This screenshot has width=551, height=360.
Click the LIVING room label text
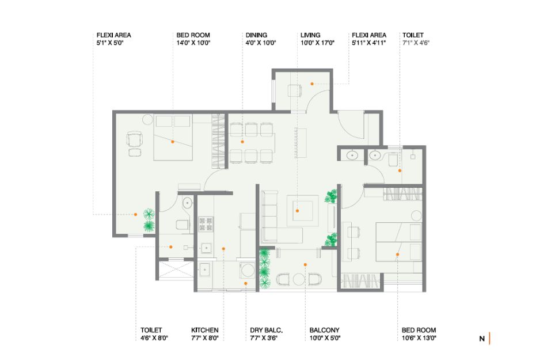pyautogui.click(x=310, y=35)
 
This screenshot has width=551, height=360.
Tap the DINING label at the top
pyautogui.click(x=256, y=35)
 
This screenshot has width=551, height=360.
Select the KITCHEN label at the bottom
pyautogui.click(x=205, y=330)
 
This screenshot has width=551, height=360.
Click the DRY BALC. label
pyautogui.click(x=267, y=330)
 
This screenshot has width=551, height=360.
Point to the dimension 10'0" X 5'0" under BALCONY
pyautogui.click(x=325, y=338)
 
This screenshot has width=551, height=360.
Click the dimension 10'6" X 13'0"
pyautogui.click(x=419, y=338)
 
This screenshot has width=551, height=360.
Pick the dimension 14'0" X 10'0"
pyautogui.click(x=193, y=43)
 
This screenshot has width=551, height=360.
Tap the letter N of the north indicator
pyautogui.click(x=482, y=339)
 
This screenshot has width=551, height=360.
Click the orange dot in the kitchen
pyautogui.click(x=223, y=249)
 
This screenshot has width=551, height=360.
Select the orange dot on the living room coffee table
pyautogui.click(x=297, y=211)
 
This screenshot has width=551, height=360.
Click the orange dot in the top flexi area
pyautogui.click(x=311, y=84)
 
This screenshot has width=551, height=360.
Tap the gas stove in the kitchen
pyautogui.click(x=206, y=224)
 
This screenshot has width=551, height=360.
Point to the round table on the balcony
pyautogui.click(x=299, y=279)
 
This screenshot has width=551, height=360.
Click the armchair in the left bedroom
pyautogui.click(x=135, y=139)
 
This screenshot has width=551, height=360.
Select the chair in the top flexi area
pyautogui.click(x=294, y=90)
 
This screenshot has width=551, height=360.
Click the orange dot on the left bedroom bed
pyautogui.click(x=173, y=142)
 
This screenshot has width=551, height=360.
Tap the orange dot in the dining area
pyautogui.click(x=242, y=142)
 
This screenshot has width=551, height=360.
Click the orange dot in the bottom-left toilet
pyautogui.click(x=171, y=247)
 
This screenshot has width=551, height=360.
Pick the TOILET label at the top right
pyautogui.click(x=413, y=35)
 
